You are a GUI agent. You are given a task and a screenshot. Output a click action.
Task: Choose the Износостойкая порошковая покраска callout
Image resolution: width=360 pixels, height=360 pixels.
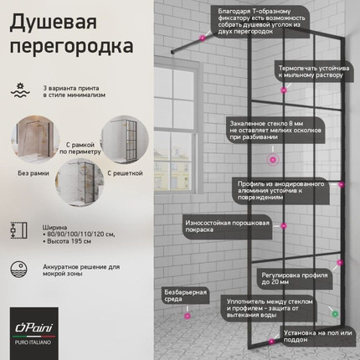[x=225, y=225]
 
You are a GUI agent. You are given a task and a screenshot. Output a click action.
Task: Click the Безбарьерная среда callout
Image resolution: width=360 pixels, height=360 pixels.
[x=182, y=296]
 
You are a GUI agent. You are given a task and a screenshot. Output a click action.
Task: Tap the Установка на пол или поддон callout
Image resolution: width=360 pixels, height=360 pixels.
[x=309, y=335]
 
